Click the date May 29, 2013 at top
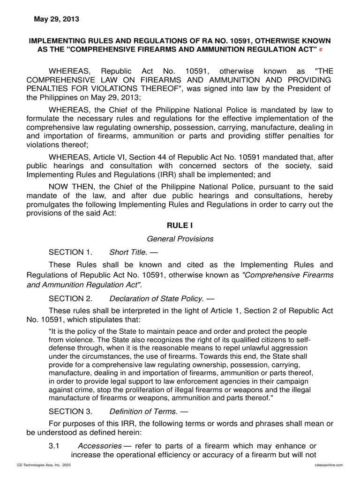56,19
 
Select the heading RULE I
180,225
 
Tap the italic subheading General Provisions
180,239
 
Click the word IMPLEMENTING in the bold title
58,41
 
